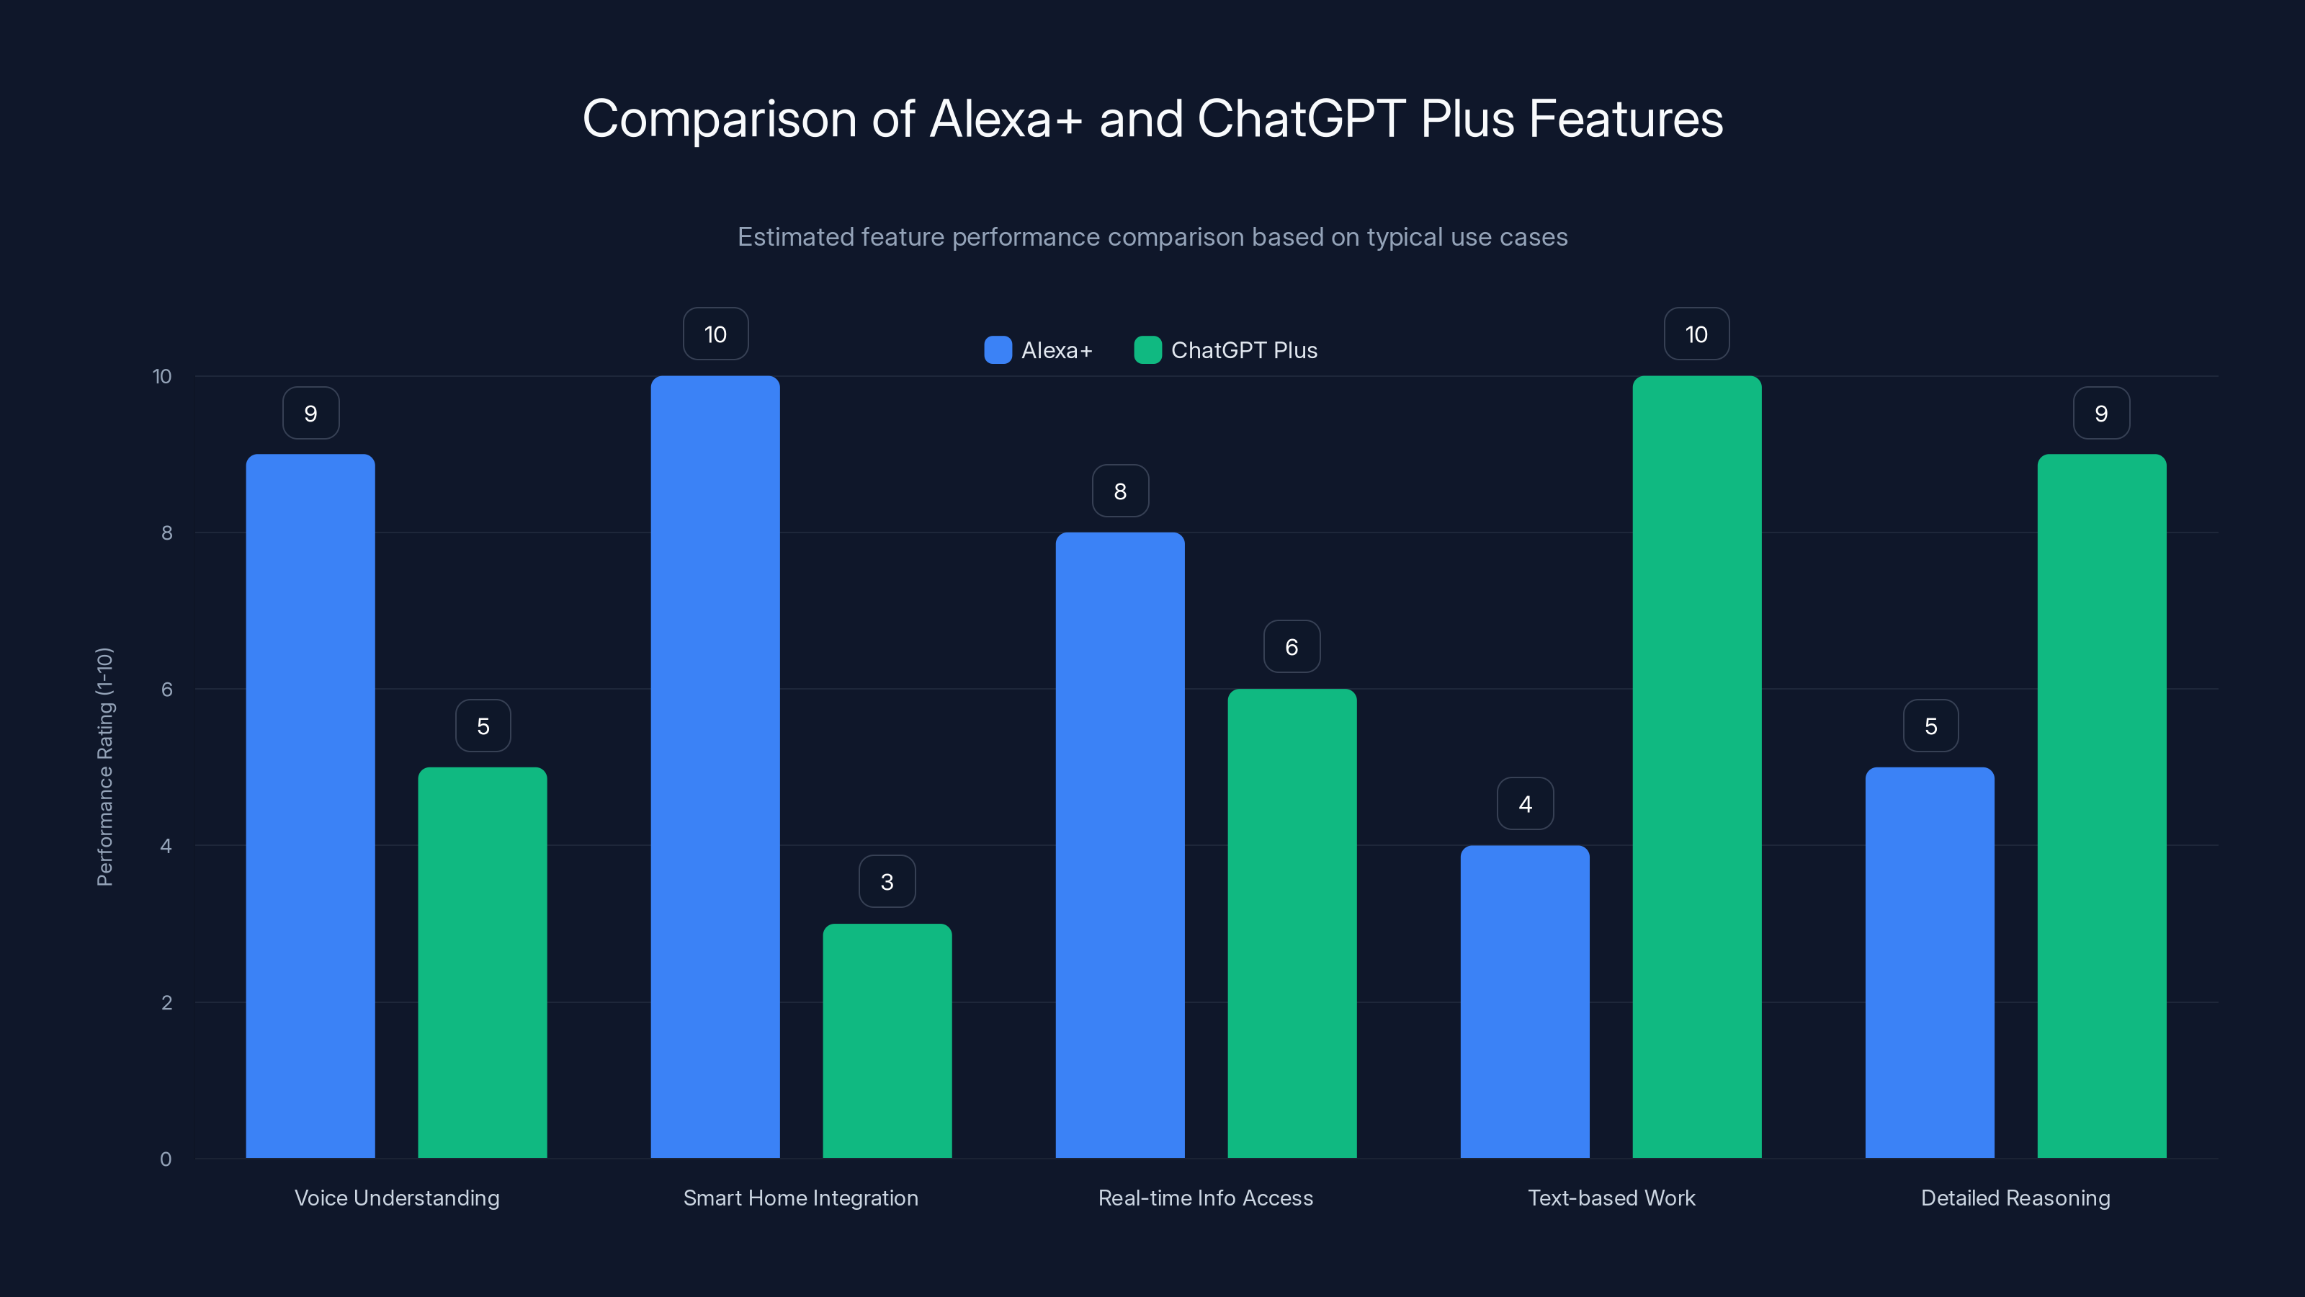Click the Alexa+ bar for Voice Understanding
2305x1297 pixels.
pyautogui.click(x=310, y=806)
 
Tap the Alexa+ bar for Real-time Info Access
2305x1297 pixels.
pyautogui.click(x=1119, y=845)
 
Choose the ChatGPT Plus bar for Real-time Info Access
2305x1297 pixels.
pyautogui.click(x=1292, y=923)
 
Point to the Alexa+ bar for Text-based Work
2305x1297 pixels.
pyautogui.click(x=1525, y=1002)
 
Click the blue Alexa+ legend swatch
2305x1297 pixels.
pyautogui.click(x=998, y=350)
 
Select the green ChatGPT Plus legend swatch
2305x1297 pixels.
pyautogui.click(x=1147, y=350)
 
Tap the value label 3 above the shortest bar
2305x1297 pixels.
pyautogui.click(x=887, y=882)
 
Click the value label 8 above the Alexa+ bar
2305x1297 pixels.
pyautogui.click(x=1120, y=491)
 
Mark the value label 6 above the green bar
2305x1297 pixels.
pyautogui.click(x=1292, y=646)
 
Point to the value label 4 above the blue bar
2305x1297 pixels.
pyautogui.click(x=1525, y=804)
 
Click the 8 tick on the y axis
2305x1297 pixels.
pyautogui.click(x=166, y=532)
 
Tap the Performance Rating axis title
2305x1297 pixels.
pyautogui.click(x=104, y=766)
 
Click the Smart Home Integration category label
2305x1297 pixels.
pyautogui.click(x=801, y=1198)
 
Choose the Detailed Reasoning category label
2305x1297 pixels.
pyautogui.click(x=2015, y=1198)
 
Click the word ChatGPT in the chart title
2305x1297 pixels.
pyautogui.click(x=1301, y=119)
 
